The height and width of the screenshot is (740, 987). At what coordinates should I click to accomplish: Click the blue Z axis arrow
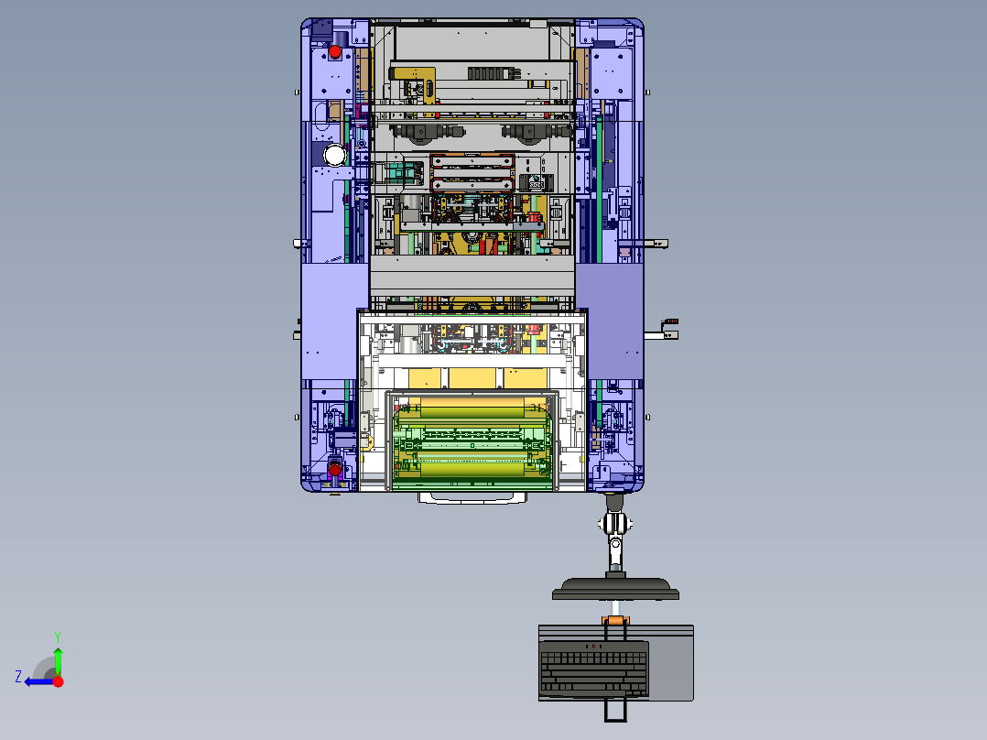click(x=38, y=681)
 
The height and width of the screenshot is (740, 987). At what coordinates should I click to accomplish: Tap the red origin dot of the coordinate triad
click(x=59, y=681)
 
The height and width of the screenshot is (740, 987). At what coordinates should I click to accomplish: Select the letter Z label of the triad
click(x=18, y=677)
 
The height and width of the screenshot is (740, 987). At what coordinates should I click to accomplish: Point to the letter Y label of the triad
click(x=57, y=635)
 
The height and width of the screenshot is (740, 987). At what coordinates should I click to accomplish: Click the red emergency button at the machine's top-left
click(x=335, y=52)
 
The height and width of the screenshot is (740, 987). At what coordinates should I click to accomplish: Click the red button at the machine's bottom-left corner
click(x=334, y=471)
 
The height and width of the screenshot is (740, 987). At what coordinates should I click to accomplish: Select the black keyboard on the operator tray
click(x=592, y=669)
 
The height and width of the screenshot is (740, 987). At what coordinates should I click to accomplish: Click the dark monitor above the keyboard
click(x=615, y=588)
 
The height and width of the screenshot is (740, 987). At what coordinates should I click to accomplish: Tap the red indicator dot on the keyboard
click(x=593, y=647)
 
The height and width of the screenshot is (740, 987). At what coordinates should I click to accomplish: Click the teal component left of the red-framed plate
click(x=400, y=171)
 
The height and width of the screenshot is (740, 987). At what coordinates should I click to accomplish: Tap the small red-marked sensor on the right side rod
click(x=670, y=321)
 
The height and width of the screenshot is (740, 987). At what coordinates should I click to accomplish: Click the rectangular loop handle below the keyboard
click(x=615, y=711)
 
